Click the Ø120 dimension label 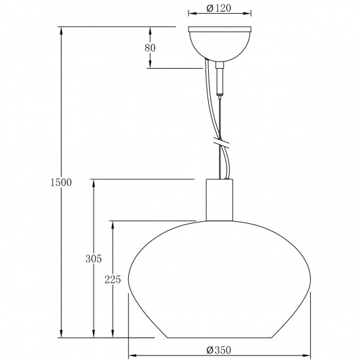point(220,8)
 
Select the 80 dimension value point(151,48)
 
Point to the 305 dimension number point(94,259)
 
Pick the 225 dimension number point(113,279)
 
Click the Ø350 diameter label point(220,350)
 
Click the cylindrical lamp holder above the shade point(220,200)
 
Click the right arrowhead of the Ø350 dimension point(310,356)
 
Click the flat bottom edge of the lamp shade point(220,338)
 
